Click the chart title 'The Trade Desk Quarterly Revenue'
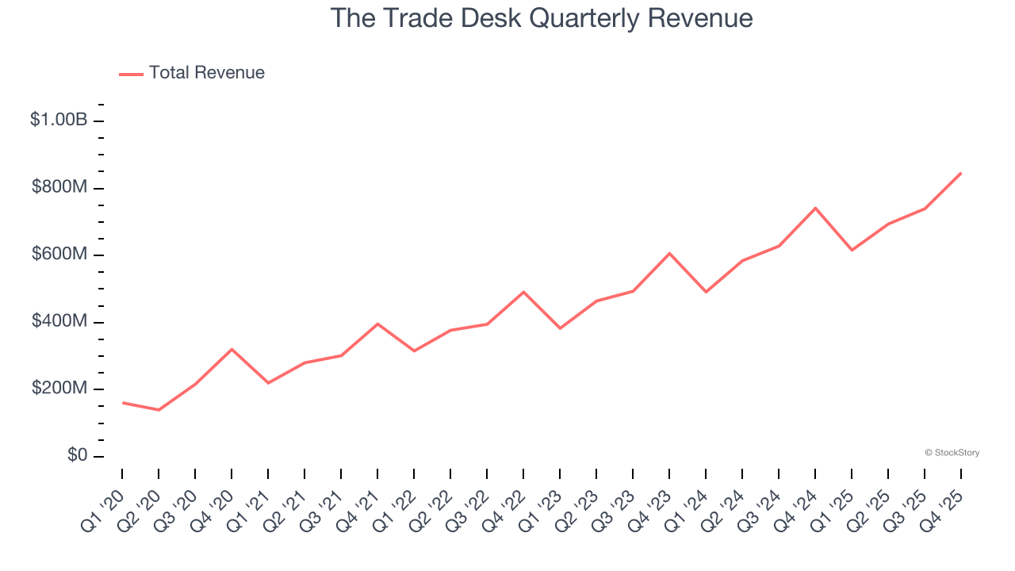tap(541, 18)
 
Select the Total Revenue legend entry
tap(192, 73)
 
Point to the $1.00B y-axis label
tap(59, 121)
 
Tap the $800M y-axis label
tap(59, 188)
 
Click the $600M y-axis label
tap(59, 255)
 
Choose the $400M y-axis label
tap(59, 322)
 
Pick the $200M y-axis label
tap(59, 389)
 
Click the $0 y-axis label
tap(77, 456)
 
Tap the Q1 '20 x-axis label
tap(103, 502)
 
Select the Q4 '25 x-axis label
tap(942, 502)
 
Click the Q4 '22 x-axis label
tap(504, 502)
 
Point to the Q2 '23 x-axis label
tap(577, 502)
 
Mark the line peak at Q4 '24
tap(815, 208)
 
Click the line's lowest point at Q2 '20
tap(159, 410)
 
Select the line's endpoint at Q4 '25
tap(961, 173)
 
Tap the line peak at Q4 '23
tap(669, 253)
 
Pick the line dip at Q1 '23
tap(560, 328)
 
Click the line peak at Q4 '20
tap(232, 349)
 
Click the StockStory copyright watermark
tap(952, 453)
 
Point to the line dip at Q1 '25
tap(852, 251)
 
